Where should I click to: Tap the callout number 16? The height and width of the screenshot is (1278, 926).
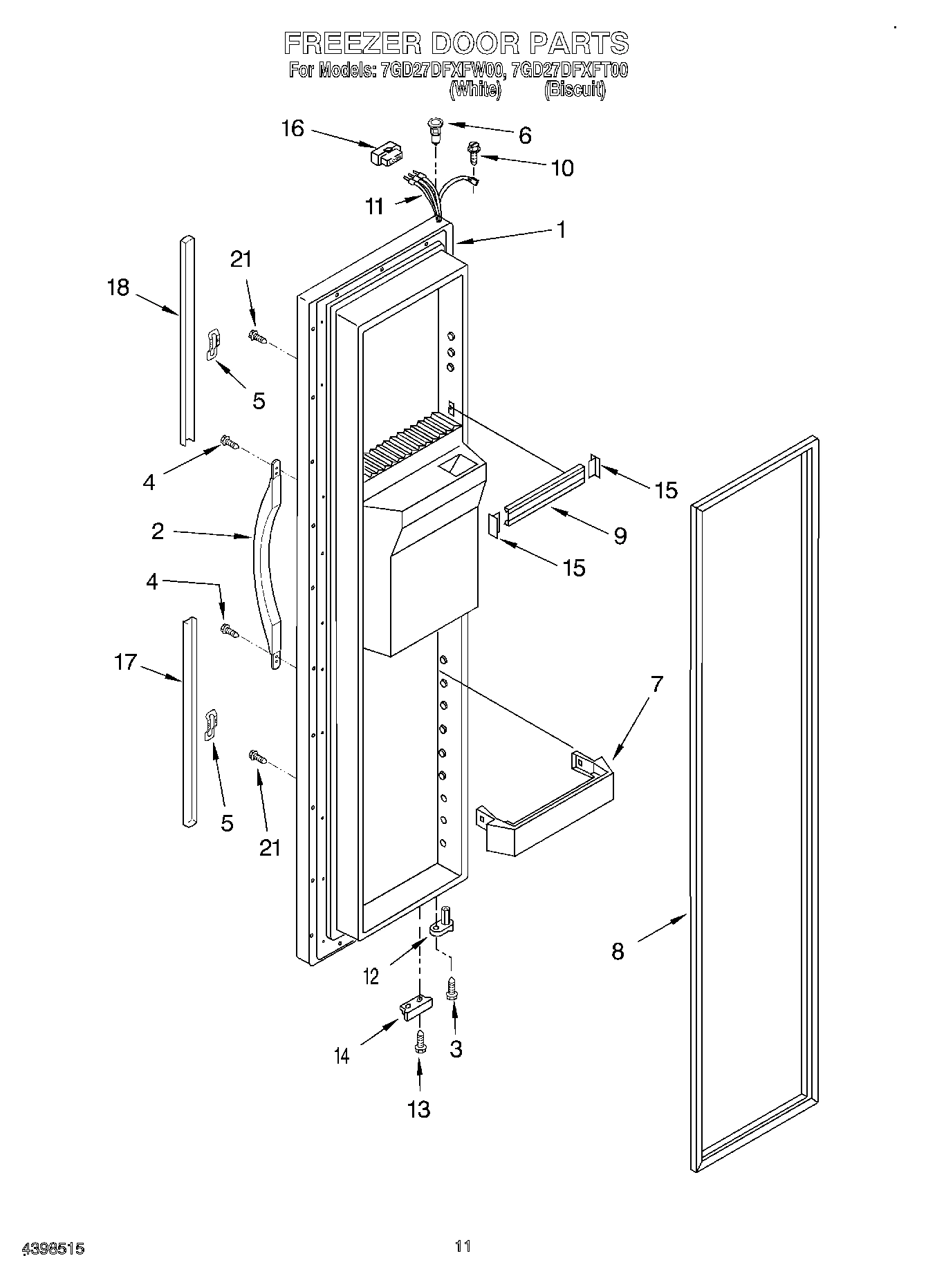pos(293,129)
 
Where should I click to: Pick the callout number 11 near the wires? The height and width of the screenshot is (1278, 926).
pos(374,207)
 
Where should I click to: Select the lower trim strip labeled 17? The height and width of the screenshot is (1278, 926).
pos(189,722)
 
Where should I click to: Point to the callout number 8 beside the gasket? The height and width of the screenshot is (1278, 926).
pos(618,951)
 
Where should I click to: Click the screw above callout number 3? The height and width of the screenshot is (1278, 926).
pos(453,990)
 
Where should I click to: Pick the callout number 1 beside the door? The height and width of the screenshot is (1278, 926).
pos(561,229)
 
